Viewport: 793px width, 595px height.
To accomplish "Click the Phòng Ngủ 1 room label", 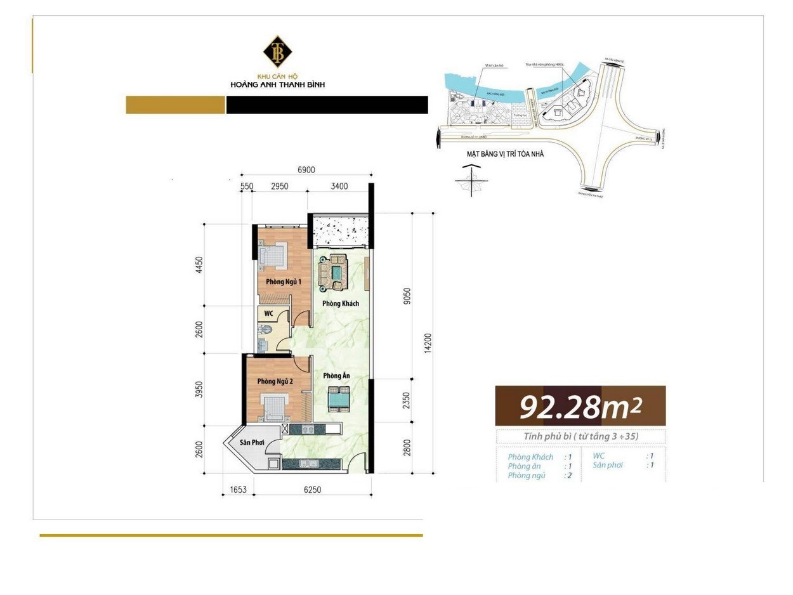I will [x=284, y=282].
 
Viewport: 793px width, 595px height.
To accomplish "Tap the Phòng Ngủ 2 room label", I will [x=275, y=381].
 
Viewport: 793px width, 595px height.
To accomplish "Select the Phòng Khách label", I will [x=341, y=303].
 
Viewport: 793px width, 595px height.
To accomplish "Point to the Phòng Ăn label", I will [x=336, y=376].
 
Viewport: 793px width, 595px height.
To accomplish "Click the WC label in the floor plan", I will [x=269, y=313].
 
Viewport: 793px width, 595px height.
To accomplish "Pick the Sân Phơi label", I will [x=252, y=442].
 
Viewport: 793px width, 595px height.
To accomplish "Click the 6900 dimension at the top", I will [x=306, y=170].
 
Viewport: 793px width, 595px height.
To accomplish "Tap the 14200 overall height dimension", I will [x=428, y=343].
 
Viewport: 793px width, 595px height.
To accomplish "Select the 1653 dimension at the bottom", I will [x=239, y=490].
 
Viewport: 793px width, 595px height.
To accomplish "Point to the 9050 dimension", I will [x=407, y=296].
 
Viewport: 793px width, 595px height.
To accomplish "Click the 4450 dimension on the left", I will [x=199, y=265].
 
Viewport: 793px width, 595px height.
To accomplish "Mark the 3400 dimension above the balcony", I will [x=339, y=186].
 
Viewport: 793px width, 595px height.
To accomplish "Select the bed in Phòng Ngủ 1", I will [x=273, y=254].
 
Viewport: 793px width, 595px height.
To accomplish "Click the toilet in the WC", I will [x=266, y=329].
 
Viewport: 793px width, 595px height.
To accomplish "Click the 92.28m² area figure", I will [x=580, y=407].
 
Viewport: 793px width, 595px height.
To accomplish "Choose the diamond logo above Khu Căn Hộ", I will [x=277, y=53].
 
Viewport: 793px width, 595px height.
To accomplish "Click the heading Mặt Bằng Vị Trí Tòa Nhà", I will [x=505, y=154].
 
